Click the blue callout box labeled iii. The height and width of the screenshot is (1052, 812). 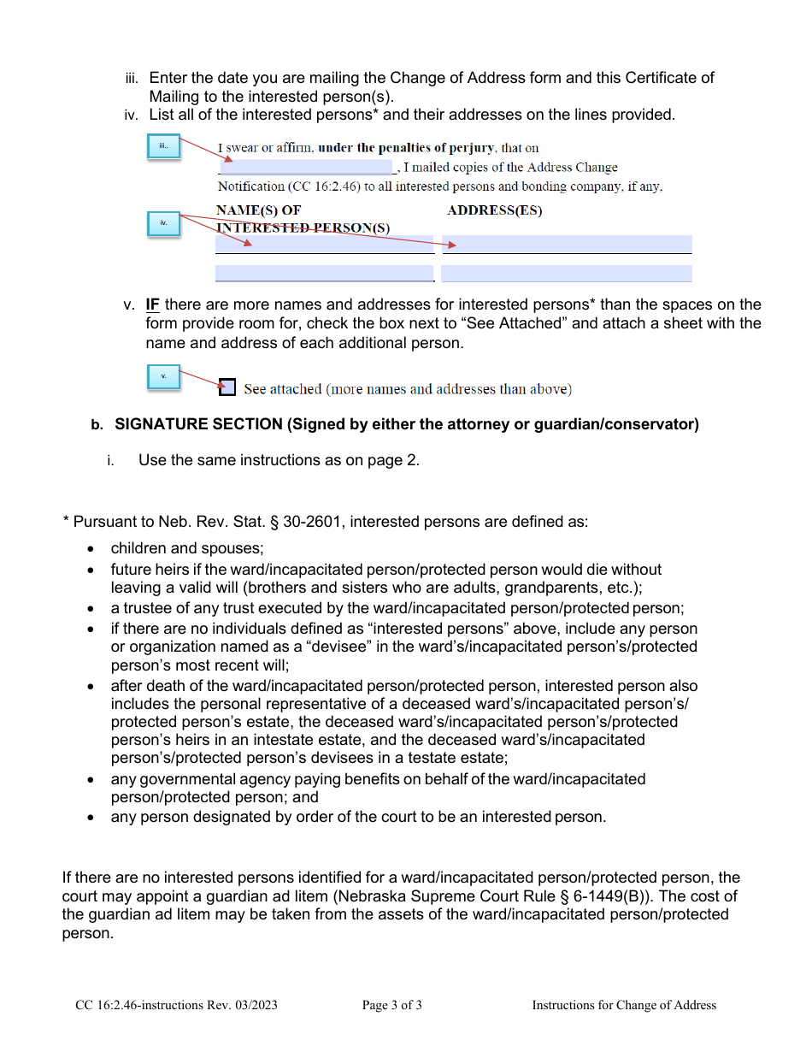[163, 146]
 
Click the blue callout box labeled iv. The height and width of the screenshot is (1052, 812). [163, 224]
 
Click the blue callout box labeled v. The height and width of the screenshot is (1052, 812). [163, 376]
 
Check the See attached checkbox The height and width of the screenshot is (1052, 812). [227, 387]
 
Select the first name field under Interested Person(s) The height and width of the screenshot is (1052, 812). [324, 245]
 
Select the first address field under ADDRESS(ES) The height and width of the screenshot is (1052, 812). [567, 245]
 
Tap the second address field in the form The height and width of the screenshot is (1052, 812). [567, 274]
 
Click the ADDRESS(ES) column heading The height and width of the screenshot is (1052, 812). [494, 210]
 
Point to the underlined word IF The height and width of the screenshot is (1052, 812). [153, 305]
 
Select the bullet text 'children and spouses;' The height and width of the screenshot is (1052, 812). [187, 549]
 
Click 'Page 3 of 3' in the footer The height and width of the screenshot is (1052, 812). [391, 1005]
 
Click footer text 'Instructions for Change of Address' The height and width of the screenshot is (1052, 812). [624, 1005]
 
